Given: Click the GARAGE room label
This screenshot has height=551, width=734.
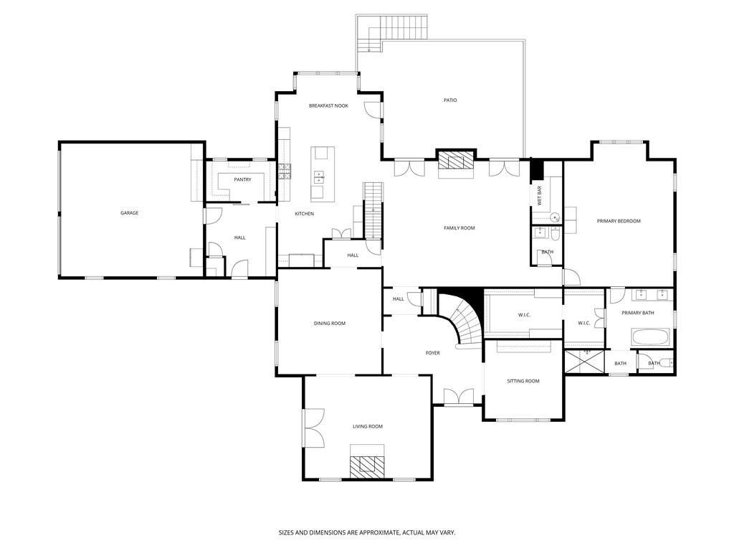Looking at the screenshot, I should pyautogui.click(x=129, y=213).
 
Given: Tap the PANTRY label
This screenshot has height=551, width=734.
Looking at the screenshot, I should pyautogui.click(x=242, y=179).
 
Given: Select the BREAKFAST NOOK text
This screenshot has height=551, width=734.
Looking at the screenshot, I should pyautogui.click(x=328, y=105).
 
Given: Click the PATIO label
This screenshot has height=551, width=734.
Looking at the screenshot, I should pyautogui.click(x=450, y=100).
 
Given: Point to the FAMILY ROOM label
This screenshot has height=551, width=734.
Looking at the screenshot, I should pyautogui.click(x=459, y=228).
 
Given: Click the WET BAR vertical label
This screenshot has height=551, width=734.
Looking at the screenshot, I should pyautogui.click(x=540, y=196).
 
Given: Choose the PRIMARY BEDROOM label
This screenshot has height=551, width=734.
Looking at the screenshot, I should pyautogui.click(x=619, y=221).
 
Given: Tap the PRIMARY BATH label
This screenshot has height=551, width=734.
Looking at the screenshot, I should pyautogui.click(x=637, y=313).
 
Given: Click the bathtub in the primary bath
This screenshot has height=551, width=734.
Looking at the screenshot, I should pyautogui.click(x=650, y=336).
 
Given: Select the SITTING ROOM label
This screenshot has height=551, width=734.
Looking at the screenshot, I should pyautogui.click(x=523, y=381).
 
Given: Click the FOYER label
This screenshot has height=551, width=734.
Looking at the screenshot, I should pyautogui.click(x=433, y=353).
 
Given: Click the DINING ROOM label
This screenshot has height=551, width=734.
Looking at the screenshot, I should pyautogui.click(x=329, y=324).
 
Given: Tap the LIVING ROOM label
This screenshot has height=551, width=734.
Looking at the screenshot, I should pyautogui.click(x=367, y=426).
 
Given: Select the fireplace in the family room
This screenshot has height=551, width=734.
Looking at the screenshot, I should pyautogui.click(x=456, y=161).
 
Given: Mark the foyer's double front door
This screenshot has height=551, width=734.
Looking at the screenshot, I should pyautogui.click(x=458, y=397).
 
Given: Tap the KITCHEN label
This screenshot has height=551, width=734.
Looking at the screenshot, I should pyautogui.click(x=305, y=214).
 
